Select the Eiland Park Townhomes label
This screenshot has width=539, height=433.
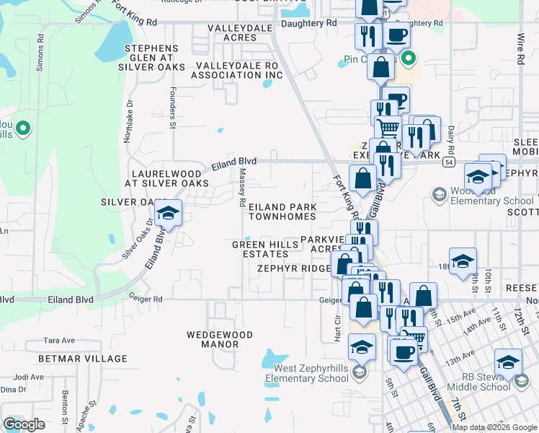click(282, 211)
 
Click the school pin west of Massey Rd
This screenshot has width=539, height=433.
click(168, 214)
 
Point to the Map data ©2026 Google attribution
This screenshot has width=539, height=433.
click(494, 427)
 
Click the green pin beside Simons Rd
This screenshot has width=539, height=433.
click(23, 129)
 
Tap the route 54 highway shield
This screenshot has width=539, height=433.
click(448, 163)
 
